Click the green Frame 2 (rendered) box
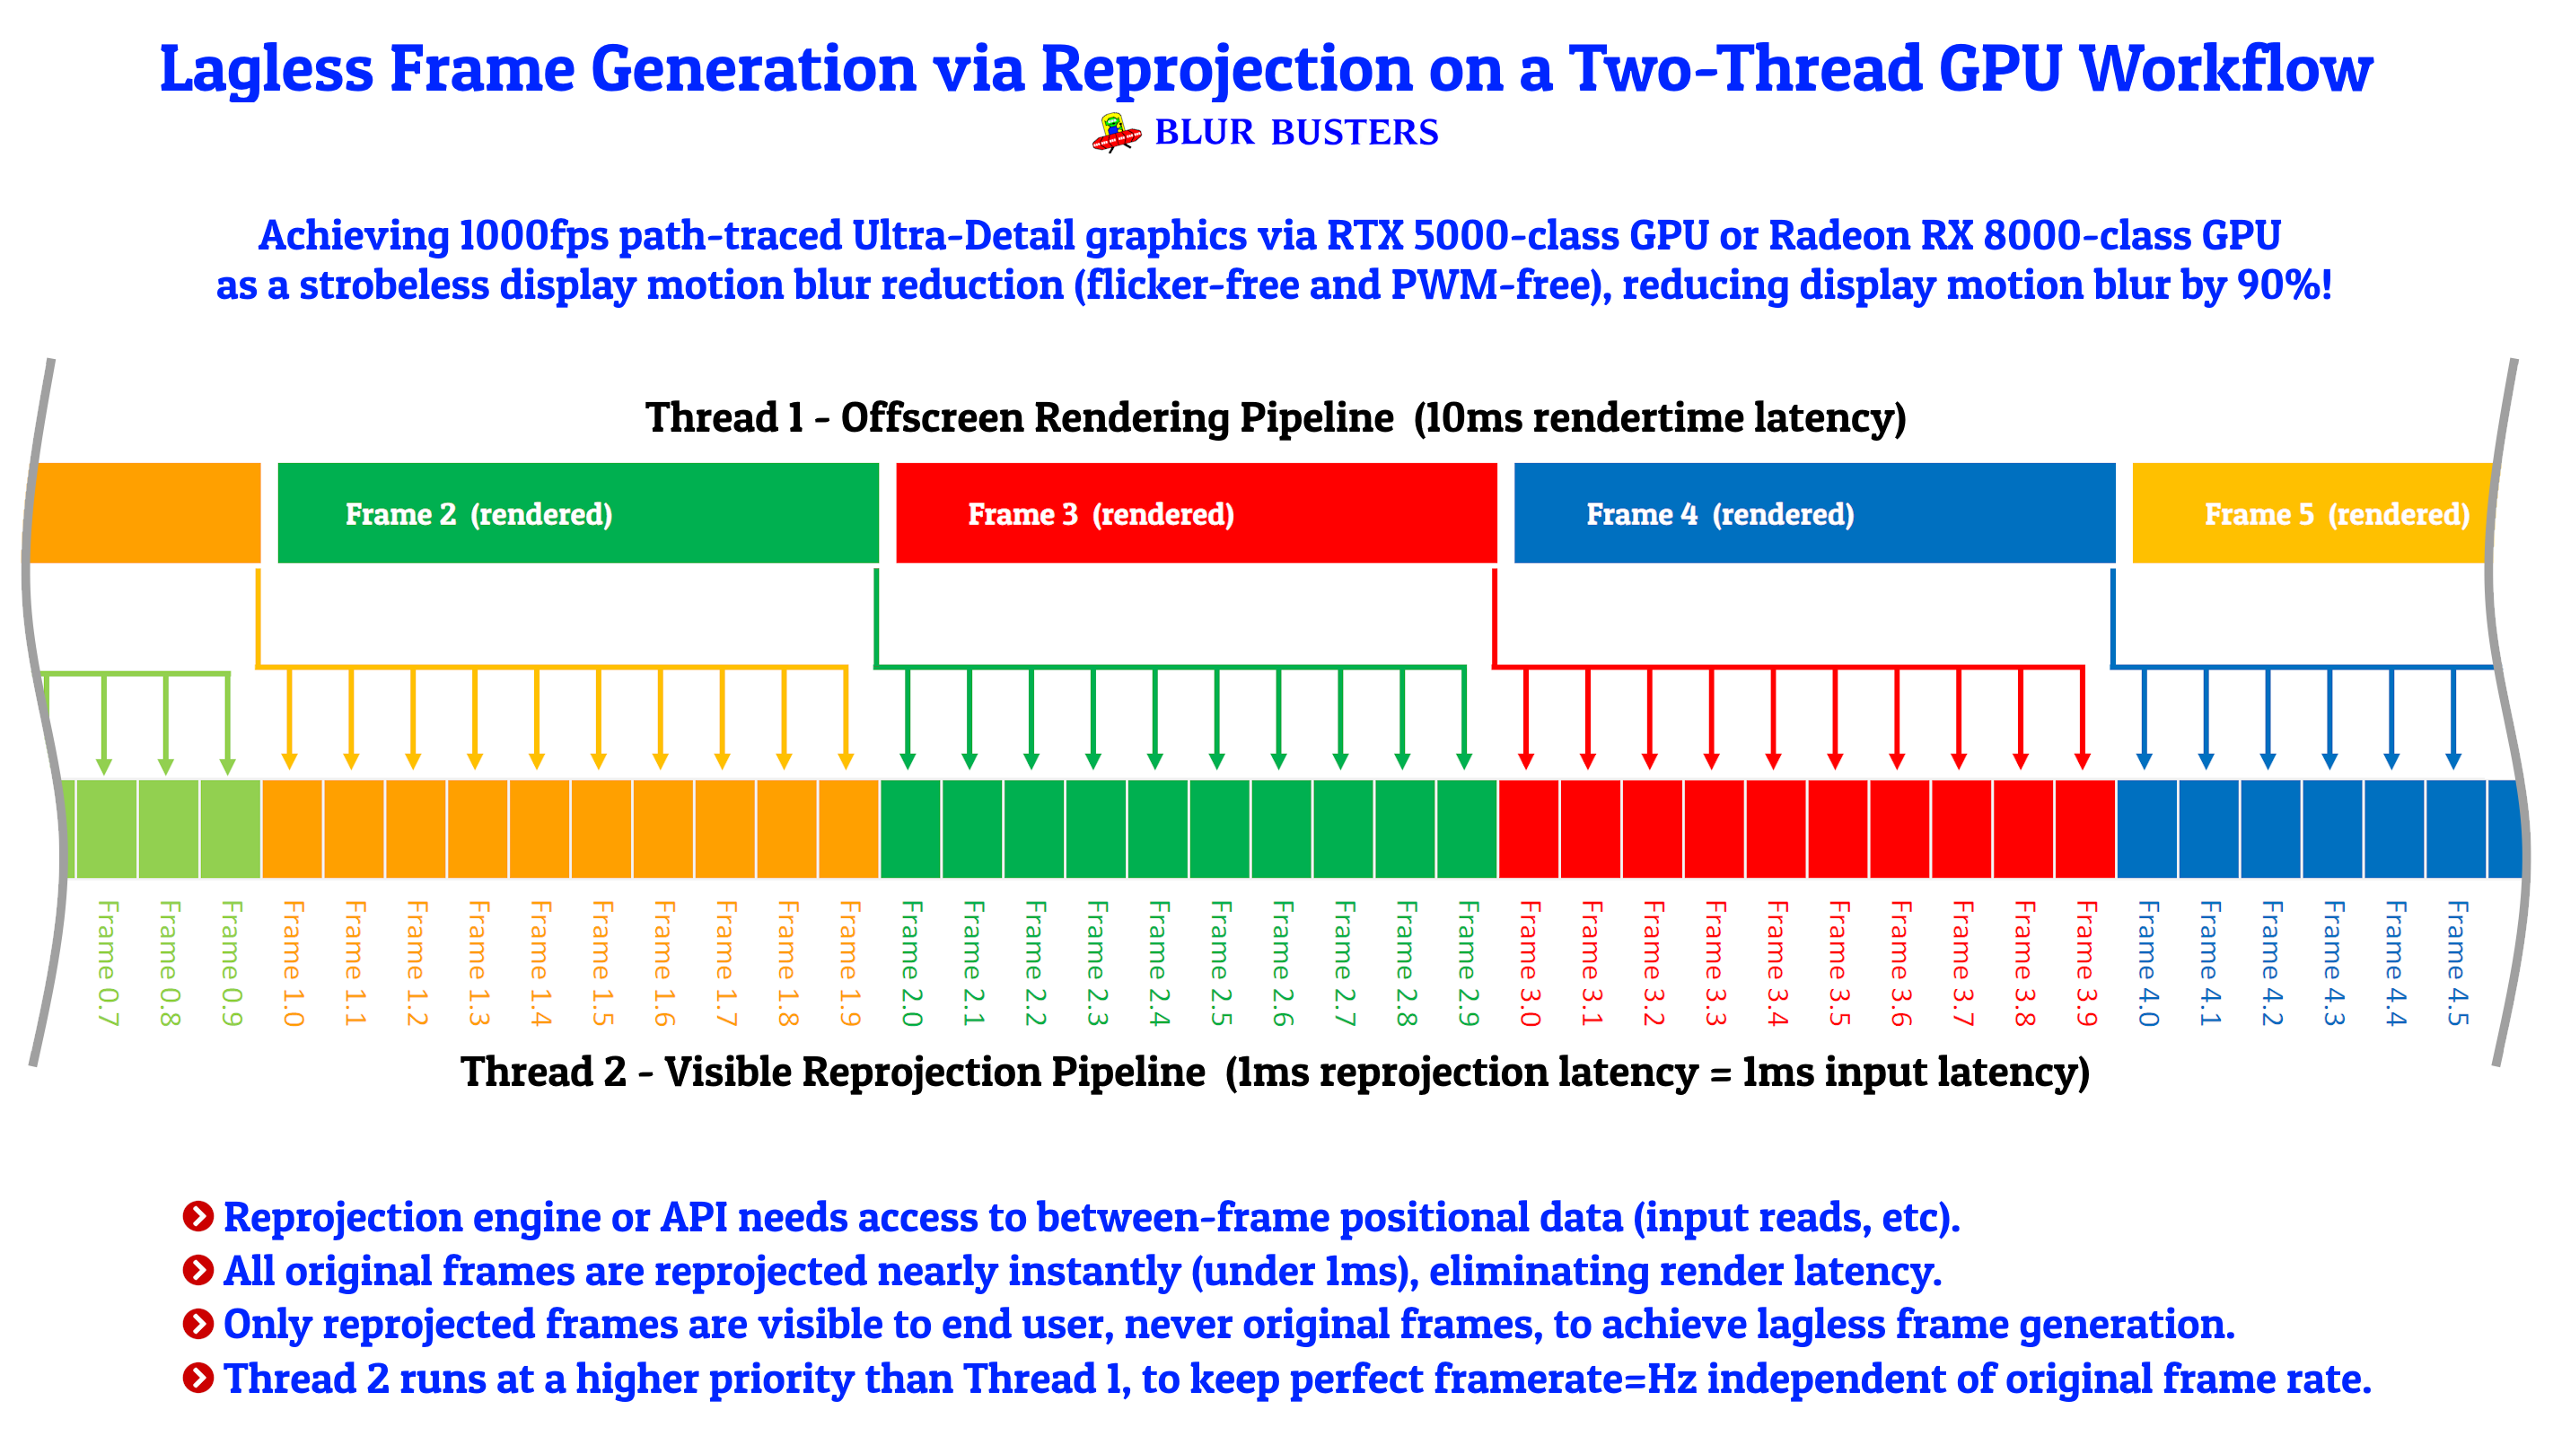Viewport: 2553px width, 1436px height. coord(578,513)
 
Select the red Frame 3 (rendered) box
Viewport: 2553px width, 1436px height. coord(1197,513)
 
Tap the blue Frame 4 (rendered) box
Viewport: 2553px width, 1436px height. coord(1813,513)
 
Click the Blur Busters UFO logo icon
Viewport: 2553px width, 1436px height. coord(1116,133)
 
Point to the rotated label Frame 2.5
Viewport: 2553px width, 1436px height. coord(1221,962)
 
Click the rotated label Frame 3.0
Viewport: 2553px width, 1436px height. coord(1531,962)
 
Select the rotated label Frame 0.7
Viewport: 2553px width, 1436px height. coord(107,962)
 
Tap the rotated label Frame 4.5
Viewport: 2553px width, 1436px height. coord(2457,962)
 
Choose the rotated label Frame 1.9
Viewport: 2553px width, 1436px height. coord(849,962)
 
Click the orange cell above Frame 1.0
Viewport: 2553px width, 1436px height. coord(293,828)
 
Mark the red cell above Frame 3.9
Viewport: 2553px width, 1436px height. coord(2085,828)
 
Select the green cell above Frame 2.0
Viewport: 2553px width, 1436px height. coord(911,828)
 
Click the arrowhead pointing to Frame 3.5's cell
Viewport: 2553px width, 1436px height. coord(1835,760)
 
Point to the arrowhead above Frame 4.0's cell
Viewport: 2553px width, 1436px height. coord(2144,760)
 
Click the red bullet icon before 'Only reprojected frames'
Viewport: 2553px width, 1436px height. coord(198,1323)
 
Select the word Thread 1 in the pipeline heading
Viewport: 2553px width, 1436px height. coord(724,417)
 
